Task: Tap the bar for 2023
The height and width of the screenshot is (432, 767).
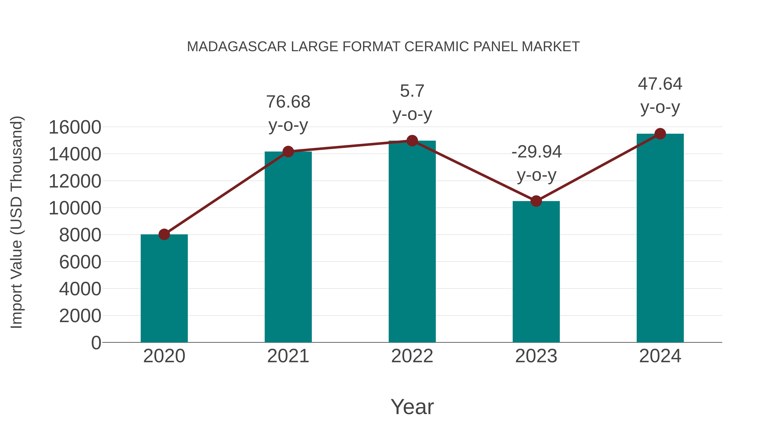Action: (x=536, y=272)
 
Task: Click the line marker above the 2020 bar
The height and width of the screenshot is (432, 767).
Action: (x=164, y=234)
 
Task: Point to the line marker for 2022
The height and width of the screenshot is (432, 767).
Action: (x=412, y=140)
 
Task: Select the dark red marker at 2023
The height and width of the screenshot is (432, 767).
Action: (x=536, y=201)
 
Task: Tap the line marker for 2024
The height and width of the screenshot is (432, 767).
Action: (x=660, y=134)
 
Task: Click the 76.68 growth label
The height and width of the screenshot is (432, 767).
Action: (x=288, y=102)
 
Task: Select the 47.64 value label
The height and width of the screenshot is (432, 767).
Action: (x=660, y=84)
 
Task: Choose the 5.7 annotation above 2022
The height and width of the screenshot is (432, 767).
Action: (x=412, y=91)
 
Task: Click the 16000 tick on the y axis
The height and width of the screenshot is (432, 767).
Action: (x=75, y=127)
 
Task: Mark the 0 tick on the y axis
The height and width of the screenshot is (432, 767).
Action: (x=96, y=343)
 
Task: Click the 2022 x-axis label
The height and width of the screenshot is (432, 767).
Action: (x=412, y=356)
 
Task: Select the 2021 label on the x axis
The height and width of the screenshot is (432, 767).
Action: (x=288, y=356)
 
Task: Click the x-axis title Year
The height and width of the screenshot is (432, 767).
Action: (x=412, y=407)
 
